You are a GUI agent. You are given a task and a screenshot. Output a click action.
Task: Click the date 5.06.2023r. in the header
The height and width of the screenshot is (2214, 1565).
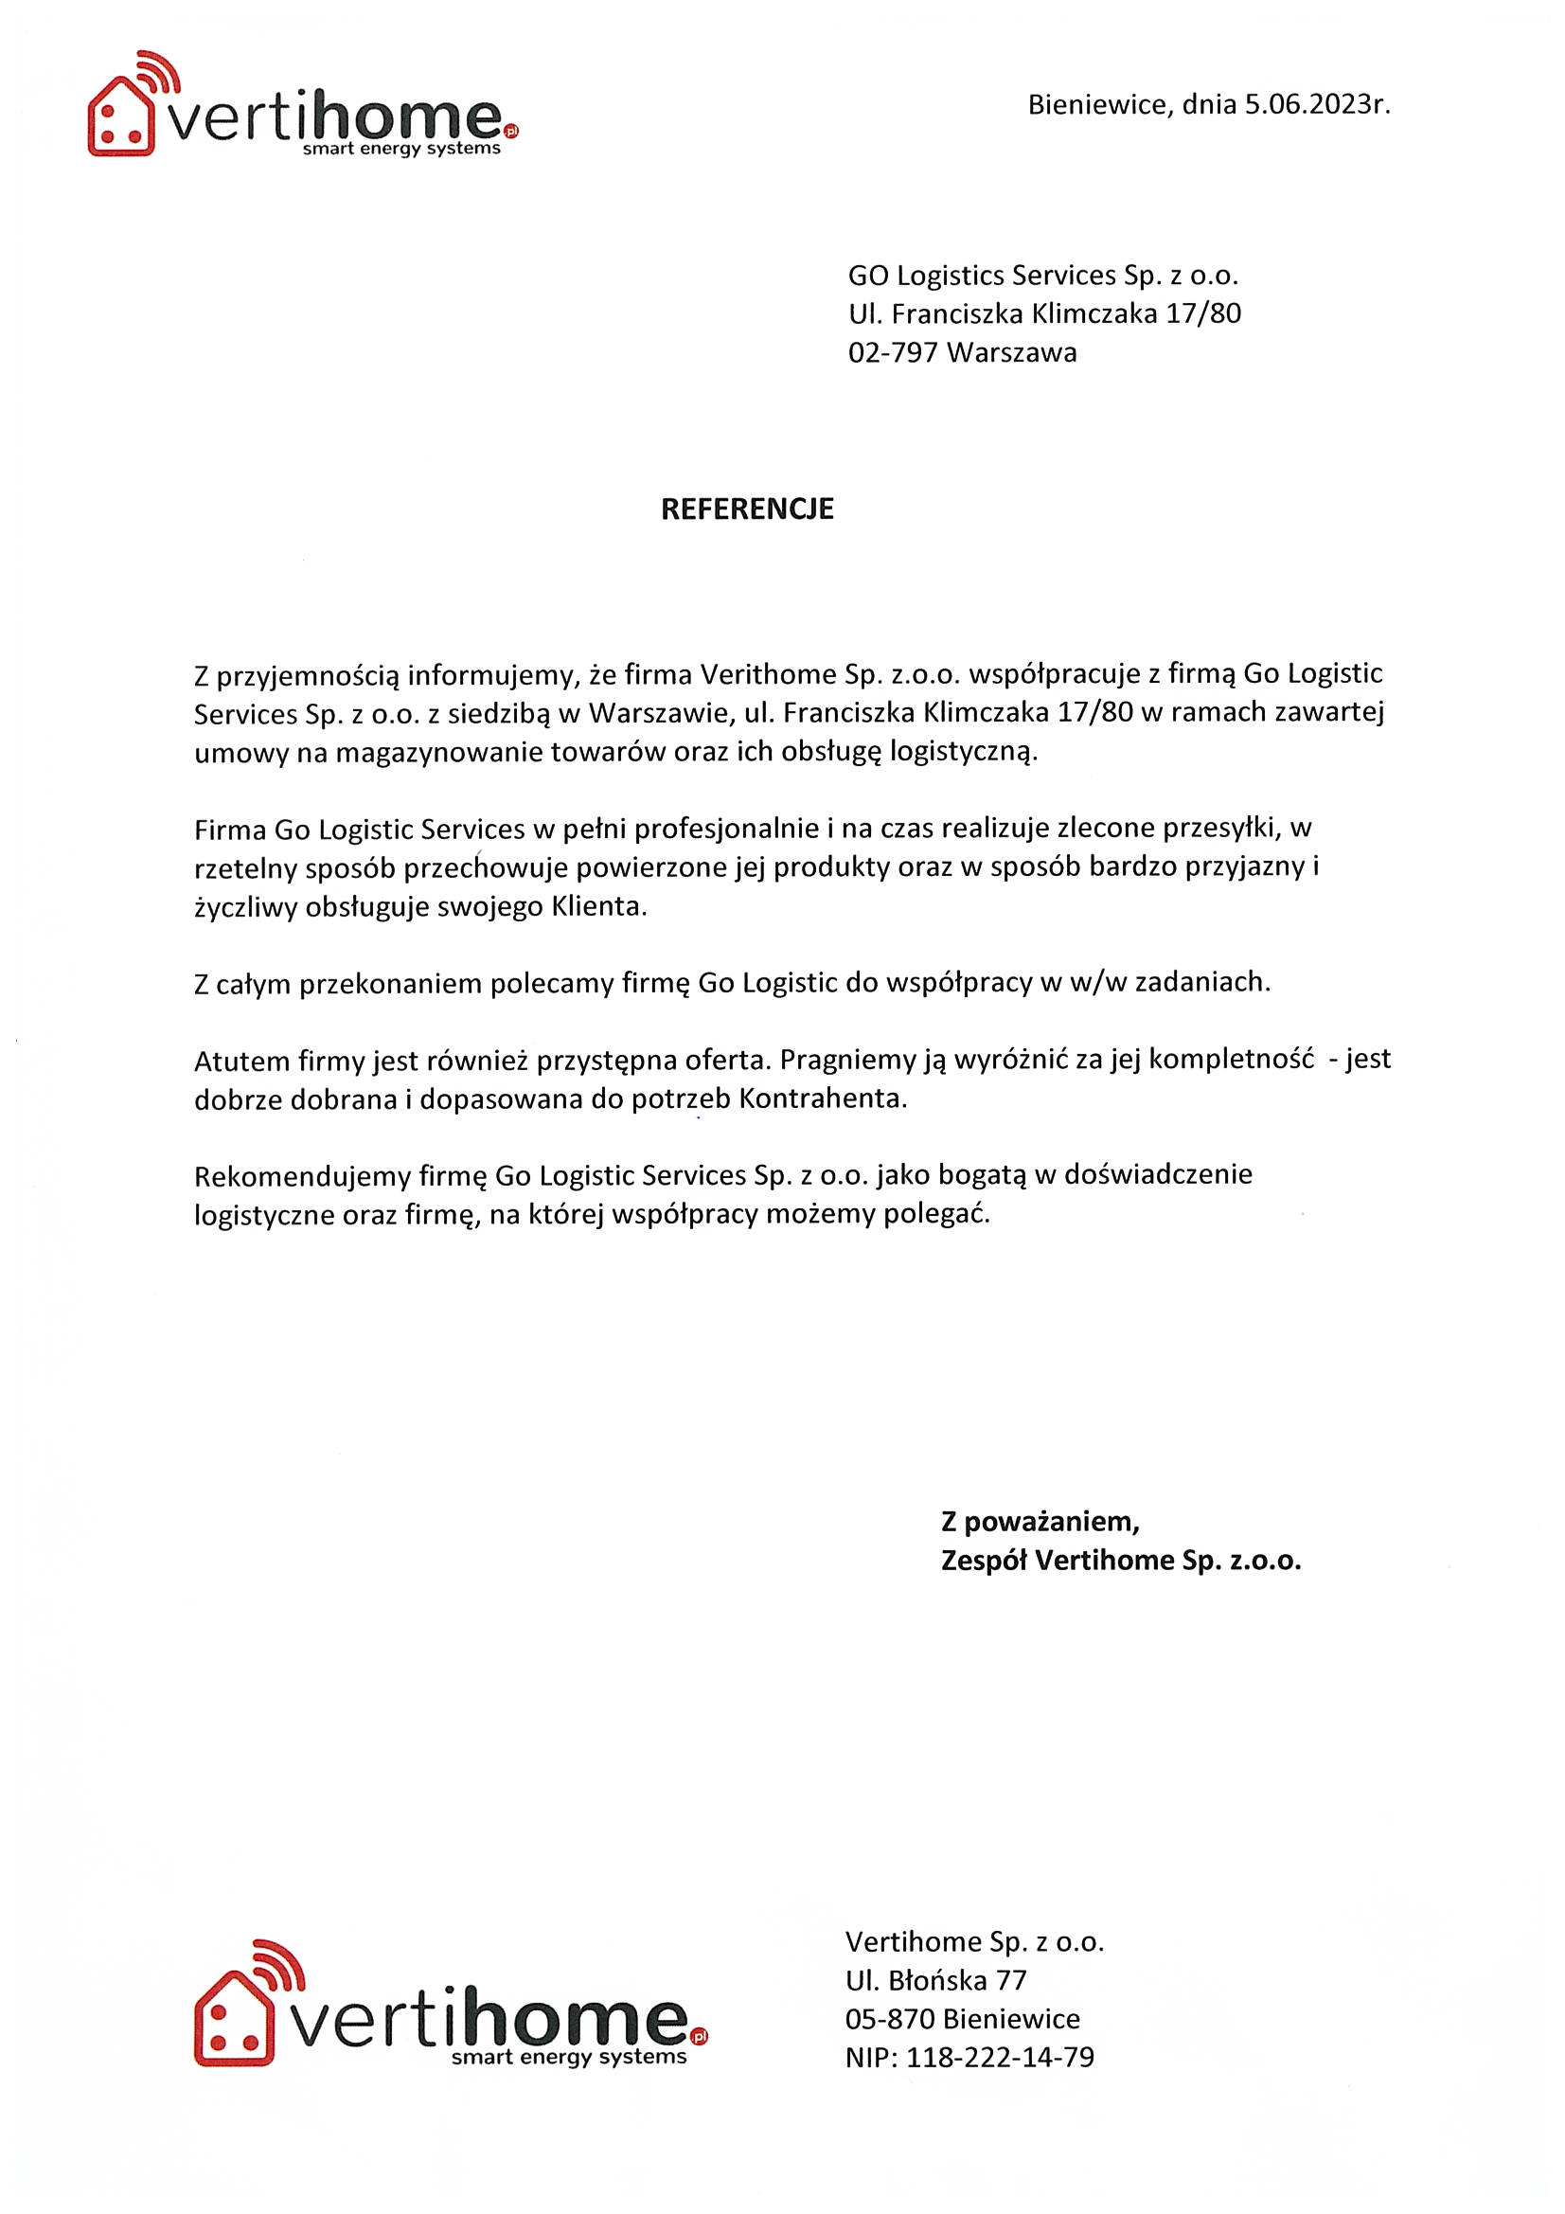1316,104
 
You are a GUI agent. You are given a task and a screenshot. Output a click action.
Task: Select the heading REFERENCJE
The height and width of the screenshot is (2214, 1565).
746,509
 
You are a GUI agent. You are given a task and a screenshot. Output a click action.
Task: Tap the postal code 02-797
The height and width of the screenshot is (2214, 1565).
893,353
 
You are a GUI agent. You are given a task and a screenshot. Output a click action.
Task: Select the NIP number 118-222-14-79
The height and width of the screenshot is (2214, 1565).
1000,2058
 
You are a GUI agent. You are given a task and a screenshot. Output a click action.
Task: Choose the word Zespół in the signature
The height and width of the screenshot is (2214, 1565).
984,1561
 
